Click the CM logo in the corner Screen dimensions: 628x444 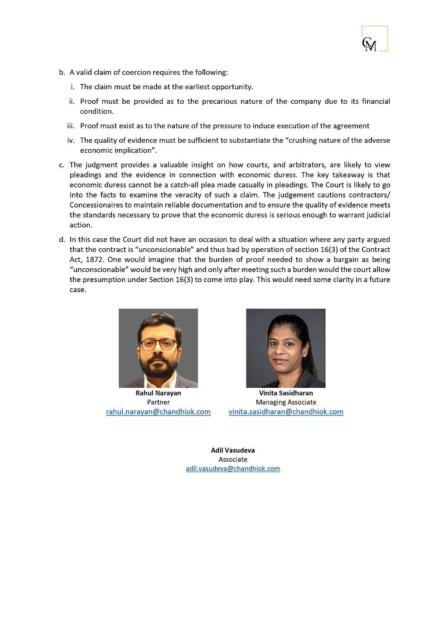(x=374, y=39)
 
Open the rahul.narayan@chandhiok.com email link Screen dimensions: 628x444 (x=158, y=411)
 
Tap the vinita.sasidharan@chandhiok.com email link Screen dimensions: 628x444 (x=286, y=411)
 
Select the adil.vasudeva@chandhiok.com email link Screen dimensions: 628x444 (x=233, y=469)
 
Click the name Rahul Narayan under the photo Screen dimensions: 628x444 (x=158, y=393)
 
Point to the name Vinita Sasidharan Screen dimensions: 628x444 (x=286, y=393)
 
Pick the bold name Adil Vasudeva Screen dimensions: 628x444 (x=233, y=450)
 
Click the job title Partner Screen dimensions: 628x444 (x=158, y=402)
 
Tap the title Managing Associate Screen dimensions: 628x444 (x=286, y=402)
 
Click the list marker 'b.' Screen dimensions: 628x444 (x=62, y=72)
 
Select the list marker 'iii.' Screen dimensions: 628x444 (x=71, y=126)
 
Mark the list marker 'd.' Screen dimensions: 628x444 (x=62, y=240)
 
